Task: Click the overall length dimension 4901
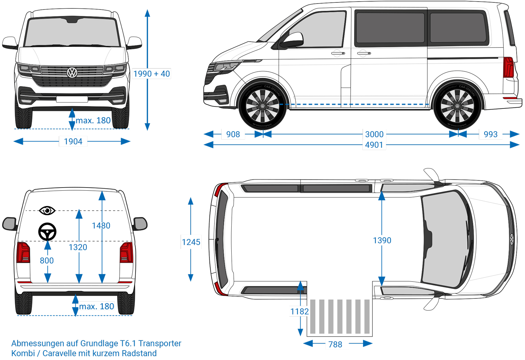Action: (x=374, y=145)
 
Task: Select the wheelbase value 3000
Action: (x=374, y=134)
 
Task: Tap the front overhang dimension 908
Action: (x=233, y=134)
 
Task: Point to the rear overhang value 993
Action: (x=490, y=134)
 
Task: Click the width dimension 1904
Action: (x=73, y=141)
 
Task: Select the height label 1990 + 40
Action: (x=152, y=74)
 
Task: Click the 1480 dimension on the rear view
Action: (x=101, y=226)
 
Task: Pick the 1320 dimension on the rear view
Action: (x=78, y=247)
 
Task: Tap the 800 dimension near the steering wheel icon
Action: (x=47, y=261)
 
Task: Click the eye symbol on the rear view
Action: (x=47, y=211)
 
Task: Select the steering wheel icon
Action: (x=47, y=232)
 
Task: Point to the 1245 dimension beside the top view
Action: (x=191, y=242)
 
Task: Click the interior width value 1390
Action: (x=382, y=240)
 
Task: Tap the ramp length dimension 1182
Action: (x=299, y=311)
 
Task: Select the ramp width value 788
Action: (x=335, y=345)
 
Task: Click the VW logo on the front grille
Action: (x=72, y=72)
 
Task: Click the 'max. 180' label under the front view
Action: (x=93, y=121)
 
